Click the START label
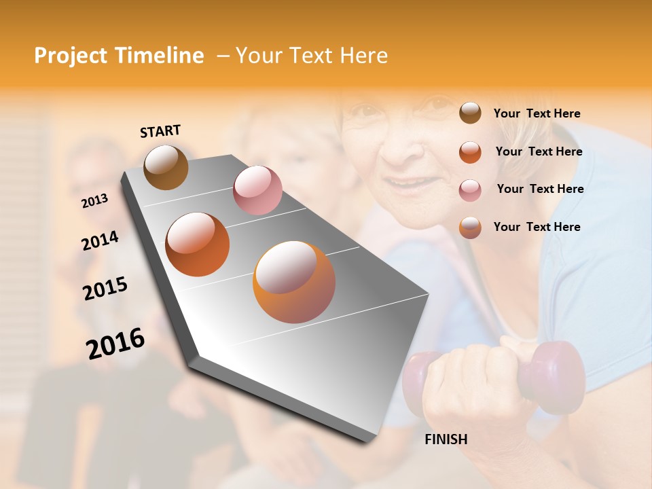[x=160, y=131]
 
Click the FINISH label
[x=446, y=439]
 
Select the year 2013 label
[x=95, y=200]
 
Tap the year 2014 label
[x=100, y=240]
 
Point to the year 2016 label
[x=115, y=343]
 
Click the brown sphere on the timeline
[x=166, y=167]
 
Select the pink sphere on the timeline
[x=257, y=190]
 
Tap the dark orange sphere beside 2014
[x=197, y=244]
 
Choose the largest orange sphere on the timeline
[x=294, y=282]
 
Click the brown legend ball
[x=470, y=113]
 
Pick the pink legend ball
[x=470, y=189]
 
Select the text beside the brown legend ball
[x=537, y=113]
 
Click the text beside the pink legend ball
[x=540, y=189]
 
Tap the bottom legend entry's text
[x=537, y=227]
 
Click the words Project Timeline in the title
[x=119, y=56]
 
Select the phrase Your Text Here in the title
[x=312, y=56]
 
